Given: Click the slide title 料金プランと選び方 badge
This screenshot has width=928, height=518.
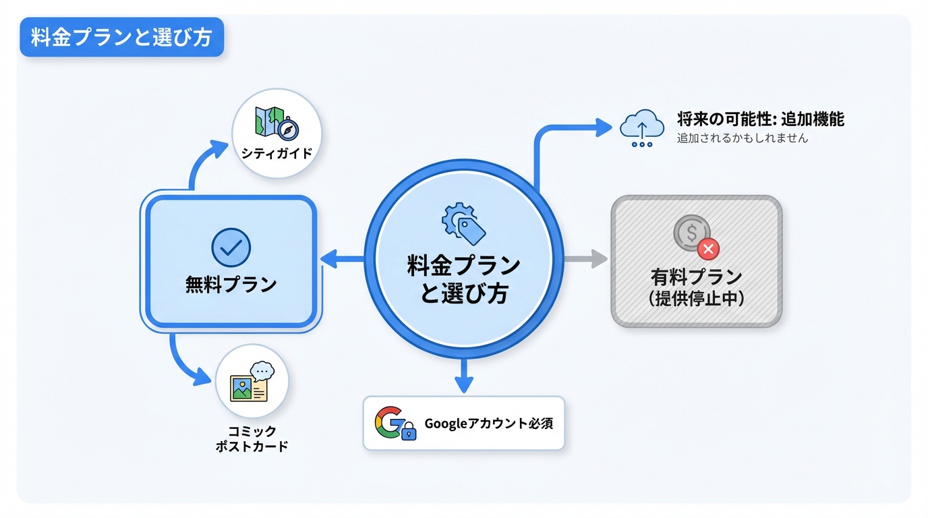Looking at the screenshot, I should pos(121,36).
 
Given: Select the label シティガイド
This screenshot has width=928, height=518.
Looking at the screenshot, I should pos(277,154).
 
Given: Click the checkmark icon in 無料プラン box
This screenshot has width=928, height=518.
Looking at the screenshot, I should pos(231,248).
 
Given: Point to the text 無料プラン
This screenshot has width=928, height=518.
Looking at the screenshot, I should pos(231,285).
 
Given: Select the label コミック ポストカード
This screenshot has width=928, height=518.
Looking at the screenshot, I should pos(252,438).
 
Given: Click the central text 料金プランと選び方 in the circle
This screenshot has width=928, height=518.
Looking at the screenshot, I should pos(463,280).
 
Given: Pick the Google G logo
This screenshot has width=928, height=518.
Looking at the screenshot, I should pos(388,422).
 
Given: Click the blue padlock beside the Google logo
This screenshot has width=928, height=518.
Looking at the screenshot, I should pos(409,432).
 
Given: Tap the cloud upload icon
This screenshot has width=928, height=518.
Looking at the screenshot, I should pos(641,127).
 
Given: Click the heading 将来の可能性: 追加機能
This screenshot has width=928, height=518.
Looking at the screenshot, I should pos(760,120).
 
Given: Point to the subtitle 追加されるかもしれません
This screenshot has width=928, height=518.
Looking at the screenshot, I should pos(742,138).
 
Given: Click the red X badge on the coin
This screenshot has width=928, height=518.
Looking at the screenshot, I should pos(708,250).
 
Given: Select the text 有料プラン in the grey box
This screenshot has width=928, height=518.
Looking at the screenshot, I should pos(696,277).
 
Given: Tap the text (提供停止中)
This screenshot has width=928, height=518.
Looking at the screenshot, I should pos(696,298).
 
